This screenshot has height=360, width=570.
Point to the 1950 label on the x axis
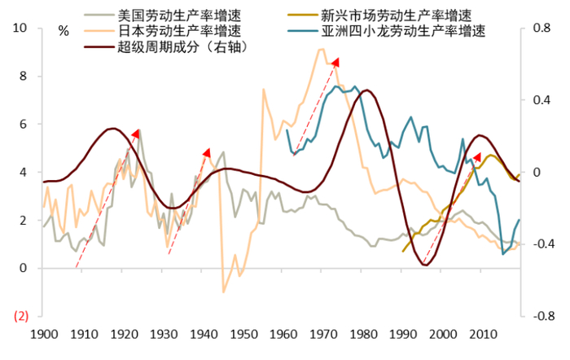[x=242, y=335]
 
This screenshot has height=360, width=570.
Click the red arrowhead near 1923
[x=137, y=134]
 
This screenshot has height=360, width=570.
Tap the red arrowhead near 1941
[x=207, y=153]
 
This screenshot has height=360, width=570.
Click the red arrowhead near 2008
[x=477, y=156]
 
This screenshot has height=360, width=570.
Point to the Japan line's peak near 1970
[x=321, y=50]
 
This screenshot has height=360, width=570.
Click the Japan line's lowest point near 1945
[x=224, y=291]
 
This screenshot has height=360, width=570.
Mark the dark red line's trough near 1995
[x=425, y=265]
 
